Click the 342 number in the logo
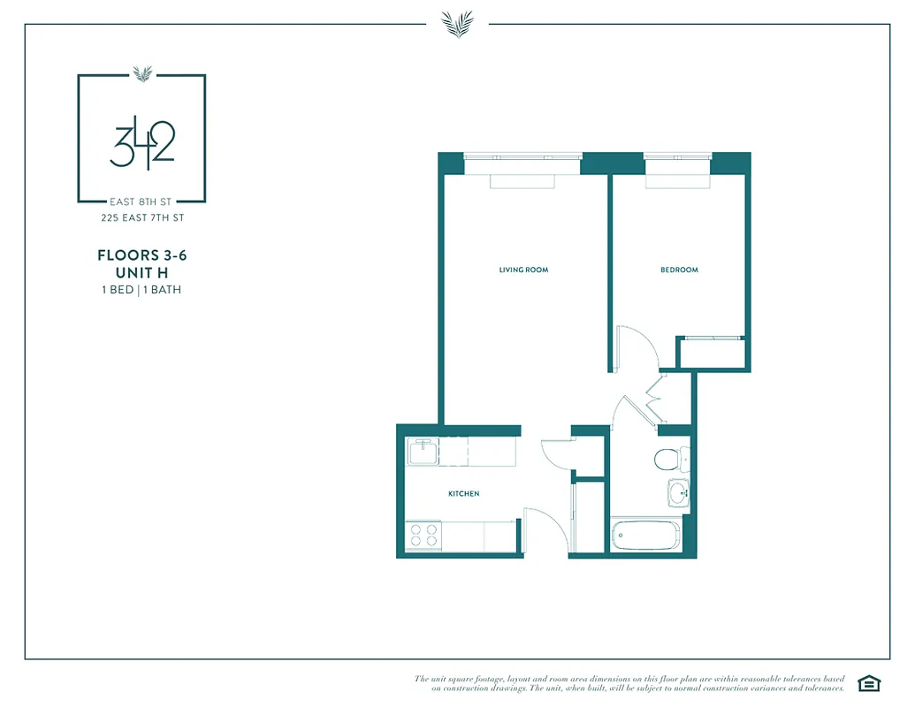141,147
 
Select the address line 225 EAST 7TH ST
141,217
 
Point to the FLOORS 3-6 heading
141,255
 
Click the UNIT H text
141,273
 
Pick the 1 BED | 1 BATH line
141,290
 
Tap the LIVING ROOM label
523,270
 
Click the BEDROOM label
679,270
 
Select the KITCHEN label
463,494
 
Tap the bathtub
645,536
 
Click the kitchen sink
422,452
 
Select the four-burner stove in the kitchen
423,535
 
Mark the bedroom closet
713,353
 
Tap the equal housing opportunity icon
870,683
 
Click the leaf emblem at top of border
457,23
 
